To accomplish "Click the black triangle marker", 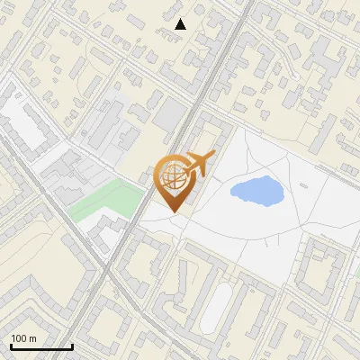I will coord(180,24).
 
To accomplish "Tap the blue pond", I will coord(254,190).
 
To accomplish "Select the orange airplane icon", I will coord(199,164).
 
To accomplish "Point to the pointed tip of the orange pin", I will coord(174,212).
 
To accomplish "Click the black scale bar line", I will coord(40,346).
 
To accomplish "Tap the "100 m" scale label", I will coord(23,338).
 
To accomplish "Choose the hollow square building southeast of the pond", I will coord(322,267).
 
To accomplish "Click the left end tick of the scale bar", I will coord(10,346).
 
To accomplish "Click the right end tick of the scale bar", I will coord(72,346).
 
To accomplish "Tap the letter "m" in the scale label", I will coord(31,338).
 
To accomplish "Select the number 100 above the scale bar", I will coord(19,338).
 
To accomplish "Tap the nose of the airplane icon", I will coord(214,156).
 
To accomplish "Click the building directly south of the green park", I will coord(110,230).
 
